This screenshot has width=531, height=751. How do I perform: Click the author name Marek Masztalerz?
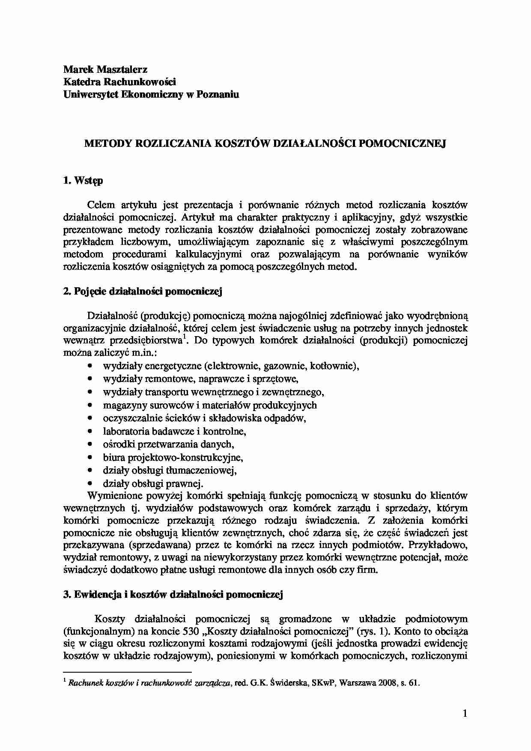tap(105, 69)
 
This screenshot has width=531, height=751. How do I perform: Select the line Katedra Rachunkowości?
tap(119, 82)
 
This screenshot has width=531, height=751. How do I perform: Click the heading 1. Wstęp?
tap(83, 180)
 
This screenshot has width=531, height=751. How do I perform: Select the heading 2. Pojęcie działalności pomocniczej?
tap(143, 292)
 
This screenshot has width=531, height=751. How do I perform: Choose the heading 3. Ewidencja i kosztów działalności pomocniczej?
tap(173, 594)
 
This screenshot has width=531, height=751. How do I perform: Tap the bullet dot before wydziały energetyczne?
tap(89, 366)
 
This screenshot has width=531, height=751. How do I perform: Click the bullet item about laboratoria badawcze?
tap(174, 431)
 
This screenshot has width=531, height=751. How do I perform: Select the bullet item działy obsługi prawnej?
tap(153, 483)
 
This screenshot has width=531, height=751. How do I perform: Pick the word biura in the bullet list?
tap(112, 457)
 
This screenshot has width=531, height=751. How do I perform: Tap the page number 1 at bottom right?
tap(465, 713)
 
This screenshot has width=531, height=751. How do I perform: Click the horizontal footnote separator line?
tap(127, 672)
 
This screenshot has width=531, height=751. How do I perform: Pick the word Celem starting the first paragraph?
tap(101, 205)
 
